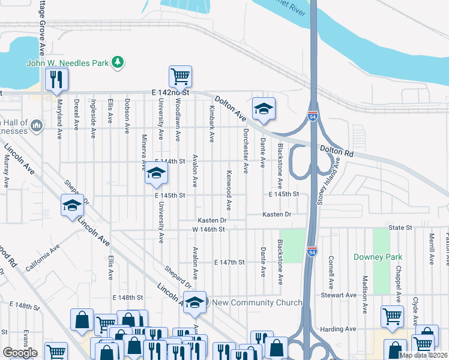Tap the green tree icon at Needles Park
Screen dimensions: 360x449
tap(119, 61)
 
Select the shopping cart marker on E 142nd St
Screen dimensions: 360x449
tap(180, 77)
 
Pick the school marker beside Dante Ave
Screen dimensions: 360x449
tap(264, 109)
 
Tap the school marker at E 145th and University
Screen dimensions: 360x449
tap(156, 175)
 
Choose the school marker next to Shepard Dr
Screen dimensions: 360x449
tap(72, 206)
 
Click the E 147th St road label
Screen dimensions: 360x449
tap(230, 262)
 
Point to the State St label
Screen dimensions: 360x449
tap(400, 228)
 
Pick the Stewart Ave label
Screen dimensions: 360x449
tap(355, 295)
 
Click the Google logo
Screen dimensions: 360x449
tap(20, 352)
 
